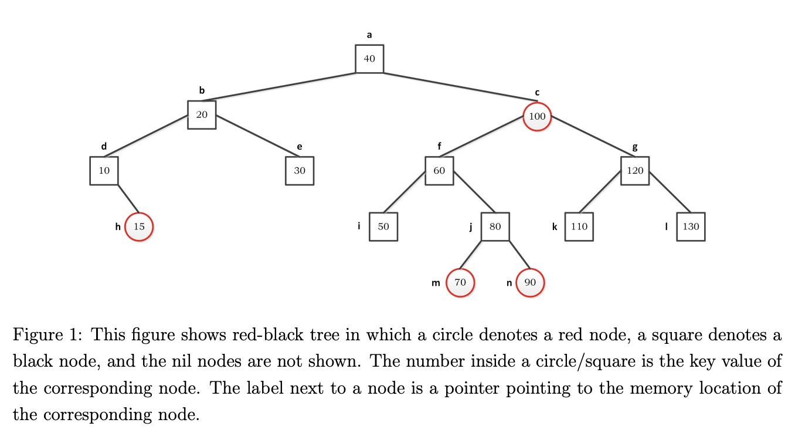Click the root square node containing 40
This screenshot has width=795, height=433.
point(369,59)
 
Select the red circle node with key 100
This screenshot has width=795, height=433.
point(537,116)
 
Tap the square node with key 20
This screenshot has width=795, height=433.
point(202,115)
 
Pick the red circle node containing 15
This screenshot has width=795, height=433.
point(139,226)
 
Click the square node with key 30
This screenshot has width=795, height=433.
point(300,171)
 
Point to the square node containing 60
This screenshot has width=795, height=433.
point(439,171)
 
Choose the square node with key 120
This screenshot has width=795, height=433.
point(635,171)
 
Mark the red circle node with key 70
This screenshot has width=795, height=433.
point(460,283)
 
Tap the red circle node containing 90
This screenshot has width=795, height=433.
point(530,283)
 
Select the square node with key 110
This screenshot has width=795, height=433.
point(579,226)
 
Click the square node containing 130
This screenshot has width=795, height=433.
point(691,226)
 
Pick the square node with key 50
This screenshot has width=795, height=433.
point(383,226)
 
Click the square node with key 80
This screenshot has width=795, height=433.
point(495,226)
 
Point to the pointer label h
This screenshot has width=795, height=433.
point(118,226)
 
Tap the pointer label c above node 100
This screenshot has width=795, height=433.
point(537,93)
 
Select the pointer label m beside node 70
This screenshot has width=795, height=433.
point(436,283)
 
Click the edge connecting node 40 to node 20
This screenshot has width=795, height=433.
point(278,87)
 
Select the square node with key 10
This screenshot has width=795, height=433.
point(104,171)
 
